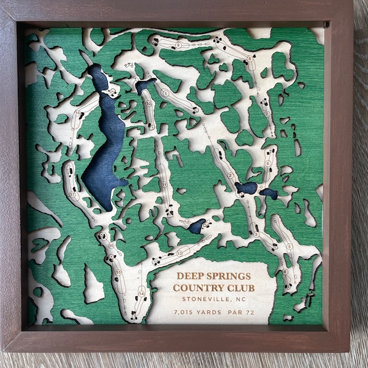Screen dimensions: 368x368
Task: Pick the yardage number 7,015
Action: pos(187,312)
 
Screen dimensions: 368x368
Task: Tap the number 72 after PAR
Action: pos(256,312)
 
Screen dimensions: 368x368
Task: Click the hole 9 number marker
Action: pos(178,45)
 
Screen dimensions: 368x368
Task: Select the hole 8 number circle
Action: pos(250,59)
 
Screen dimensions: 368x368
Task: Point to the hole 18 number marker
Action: pos(111,245)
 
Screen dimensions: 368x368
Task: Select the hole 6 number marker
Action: pos(289,246)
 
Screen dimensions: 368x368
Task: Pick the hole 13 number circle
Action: pos(180,252)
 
